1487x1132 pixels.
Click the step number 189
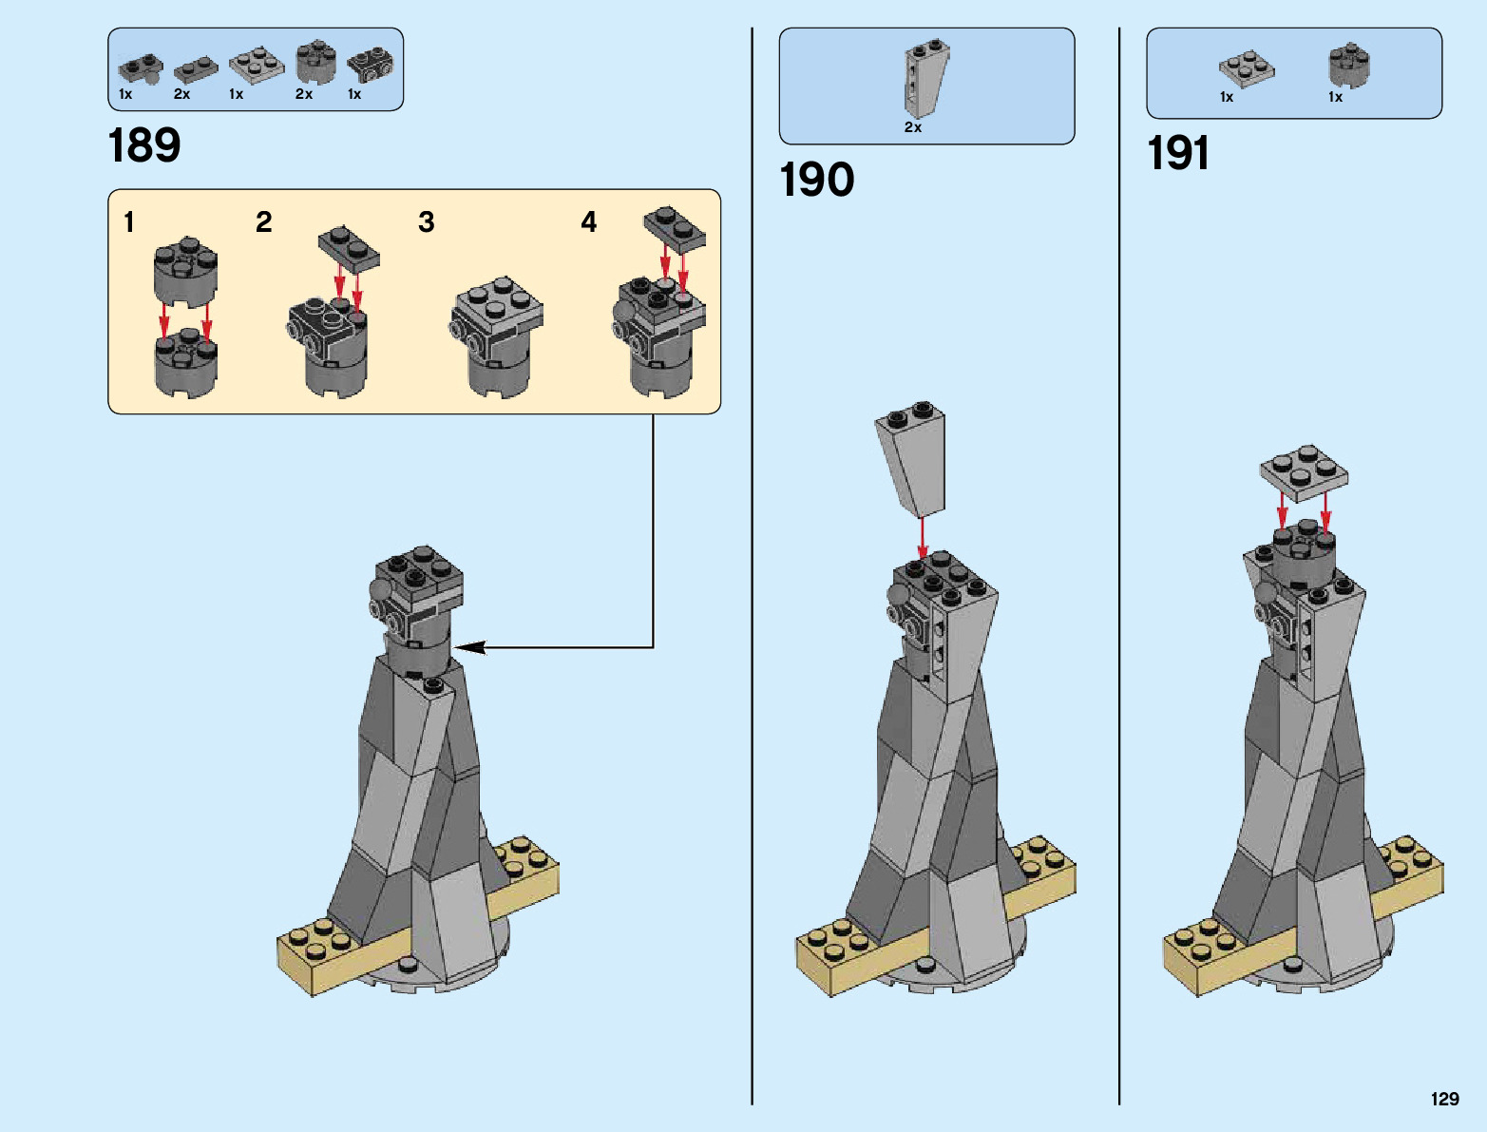(x=144, y=145)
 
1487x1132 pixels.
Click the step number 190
(x=816, y=180)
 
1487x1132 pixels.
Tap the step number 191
(x=1178, y=153)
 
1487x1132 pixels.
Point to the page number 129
(x=1444, y=1099)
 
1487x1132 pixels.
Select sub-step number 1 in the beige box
(x=129, y=222)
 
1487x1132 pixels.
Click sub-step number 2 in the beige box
(x=264, y=222)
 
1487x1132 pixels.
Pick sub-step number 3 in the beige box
(x=427, y=222)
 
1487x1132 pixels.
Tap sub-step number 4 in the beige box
(x=589, y=222)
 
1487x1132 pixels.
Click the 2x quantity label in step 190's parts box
(x=913, y=127)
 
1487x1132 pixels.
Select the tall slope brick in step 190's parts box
(x=925, y=78)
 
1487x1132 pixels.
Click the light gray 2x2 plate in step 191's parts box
(x=1247, y=68)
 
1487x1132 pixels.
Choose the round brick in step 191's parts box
(x=1349, y=65)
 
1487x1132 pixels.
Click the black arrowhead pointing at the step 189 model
(x=470, y=647)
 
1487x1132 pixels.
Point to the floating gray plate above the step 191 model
(x=1304, y=470)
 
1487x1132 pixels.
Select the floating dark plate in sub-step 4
(x=675, y=228)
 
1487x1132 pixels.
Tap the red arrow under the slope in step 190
(x=922, y=538)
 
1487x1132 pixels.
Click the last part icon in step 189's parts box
(x=371, y=65)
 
